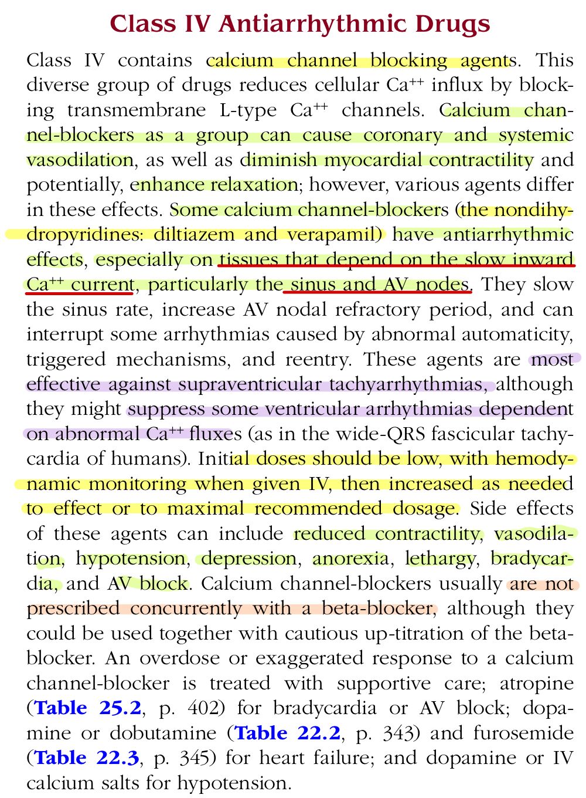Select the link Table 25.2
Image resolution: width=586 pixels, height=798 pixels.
pyautogui.click(x=88, y=708)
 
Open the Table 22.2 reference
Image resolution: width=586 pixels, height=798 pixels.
pyautogui.click(x=287, y=733)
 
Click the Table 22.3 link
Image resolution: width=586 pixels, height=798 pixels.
pyautogui.click(x=87, y=758)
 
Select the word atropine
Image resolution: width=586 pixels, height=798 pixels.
pyautogui.click(x=537, y=684)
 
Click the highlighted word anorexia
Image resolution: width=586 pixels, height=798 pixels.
pyautogui.click(x=350, y=559)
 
